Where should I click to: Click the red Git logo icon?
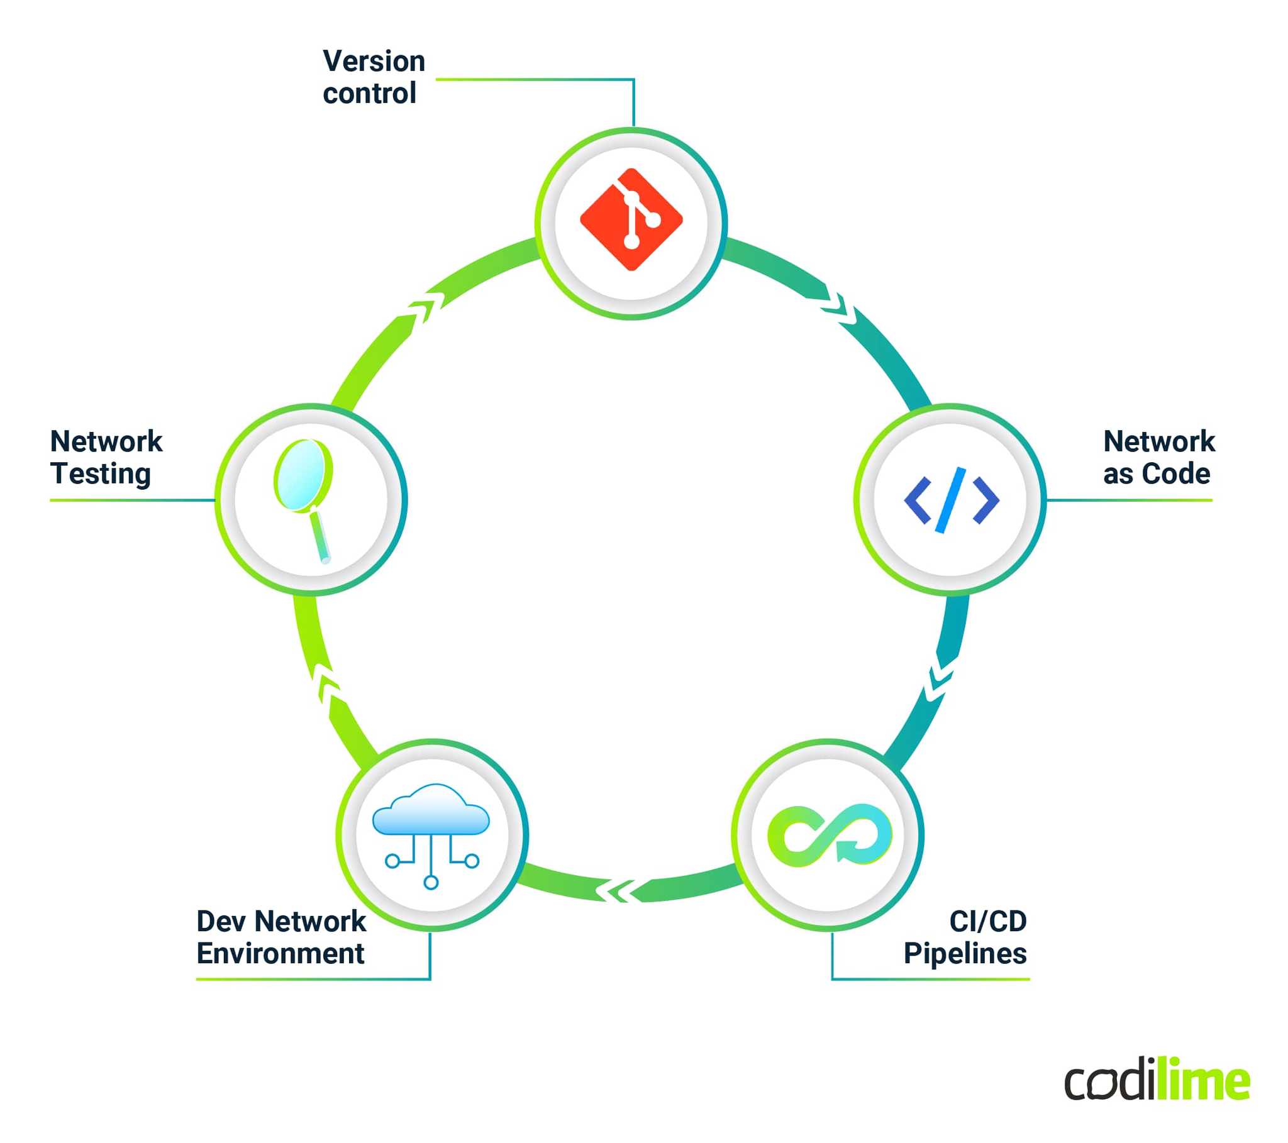coord(631,219)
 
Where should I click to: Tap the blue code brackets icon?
coord(951,500)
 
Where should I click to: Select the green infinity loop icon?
coord(829,835)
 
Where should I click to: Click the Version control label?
coord(373,77)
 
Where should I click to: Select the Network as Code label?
coord(1158,458)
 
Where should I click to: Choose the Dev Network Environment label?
coord(281,937)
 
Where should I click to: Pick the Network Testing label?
coord(106,458)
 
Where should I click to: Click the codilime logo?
coord(1157,1081)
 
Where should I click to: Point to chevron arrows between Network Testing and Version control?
coord(423,307)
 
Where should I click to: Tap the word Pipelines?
coord(965,953)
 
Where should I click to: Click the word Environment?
coord(280,953)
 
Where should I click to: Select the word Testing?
coord(101,474)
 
